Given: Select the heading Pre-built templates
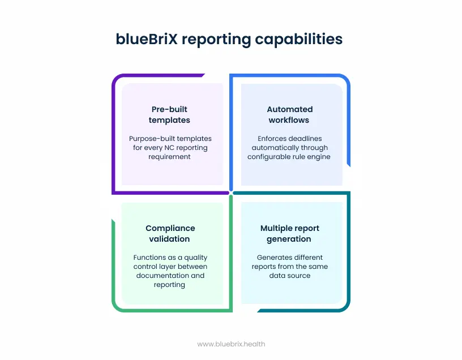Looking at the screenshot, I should point(169,114).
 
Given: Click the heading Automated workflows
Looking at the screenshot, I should point(289,114).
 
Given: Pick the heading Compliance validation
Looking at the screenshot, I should point(170,233).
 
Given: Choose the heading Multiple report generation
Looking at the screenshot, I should point(289,233).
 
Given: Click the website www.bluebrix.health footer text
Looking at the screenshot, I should point(231,344).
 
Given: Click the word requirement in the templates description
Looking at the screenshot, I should point(170,157).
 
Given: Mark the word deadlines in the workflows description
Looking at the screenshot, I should point(307,139).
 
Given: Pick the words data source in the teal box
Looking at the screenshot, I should point(289,276).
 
